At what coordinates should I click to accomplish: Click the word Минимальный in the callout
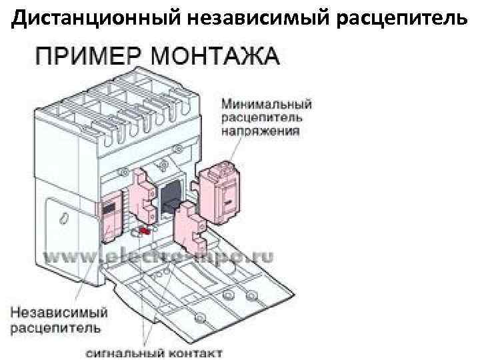[x=267, y=104]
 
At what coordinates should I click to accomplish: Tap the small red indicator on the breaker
[x=142, y=231]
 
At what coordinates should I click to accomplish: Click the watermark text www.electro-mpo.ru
[x=160, y=256]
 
